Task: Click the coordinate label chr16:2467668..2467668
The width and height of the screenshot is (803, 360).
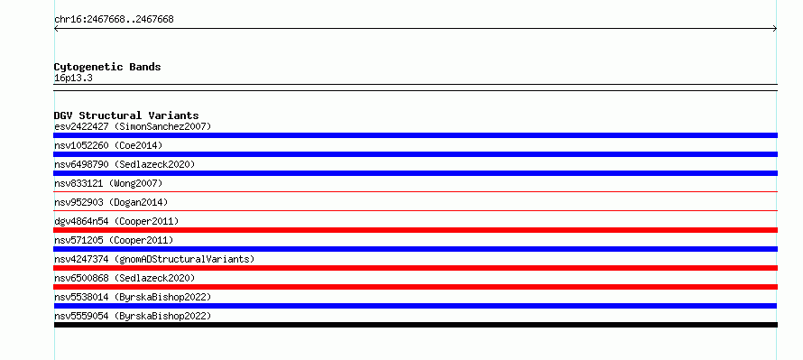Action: (x=114, y=20)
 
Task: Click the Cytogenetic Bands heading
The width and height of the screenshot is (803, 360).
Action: (x=107, y=67)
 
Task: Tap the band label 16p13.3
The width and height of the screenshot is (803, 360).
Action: (x=73, y=78)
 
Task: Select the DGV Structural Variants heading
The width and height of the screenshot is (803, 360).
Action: (x=126, y=115)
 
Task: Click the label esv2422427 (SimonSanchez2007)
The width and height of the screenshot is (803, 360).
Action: (x=133, y=126)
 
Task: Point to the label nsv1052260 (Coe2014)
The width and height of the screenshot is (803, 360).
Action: (x=108, y=145)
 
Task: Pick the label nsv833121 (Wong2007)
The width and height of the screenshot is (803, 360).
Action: (x=108, y=183)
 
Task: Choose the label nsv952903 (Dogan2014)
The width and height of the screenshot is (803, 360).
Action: (x=111, y=202)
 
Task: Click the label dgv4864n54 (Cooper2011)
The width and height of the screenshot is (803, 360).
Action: (x=116, y=221)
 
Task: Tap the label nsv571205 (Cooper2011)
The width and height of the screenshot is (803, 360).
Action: (x=114, y=240)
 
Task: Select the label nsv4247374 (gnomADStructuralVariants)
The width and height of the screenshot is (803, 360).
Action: (x=154, y=259)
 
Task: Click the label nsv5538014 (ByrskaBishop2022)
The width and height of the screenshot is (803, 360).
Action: (x=133, y=297)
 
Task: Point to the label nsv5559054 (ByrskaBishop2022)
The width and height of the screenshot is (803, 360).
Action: (x=133, y=316)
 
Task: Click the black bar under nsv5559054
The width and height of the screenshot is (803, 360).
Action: (x=416, y=325)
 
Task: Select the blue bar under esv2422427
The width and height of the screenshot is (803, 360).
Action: (x=415, y=135)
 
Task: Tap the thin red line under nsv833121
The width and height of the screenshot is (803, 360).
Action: (x=415, y=191)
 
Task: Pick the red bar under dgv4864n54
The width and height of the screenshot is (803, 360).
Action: (x=415, y=230)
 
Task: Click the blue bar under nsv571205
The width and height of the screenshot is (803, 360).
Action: (x=415, y=249)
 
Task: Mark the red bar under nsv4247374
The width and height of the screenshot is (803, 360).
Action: (x=415, y=268)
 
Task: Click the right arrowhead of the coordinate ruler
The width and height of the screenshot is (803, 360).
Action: (x=776, y=29)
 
